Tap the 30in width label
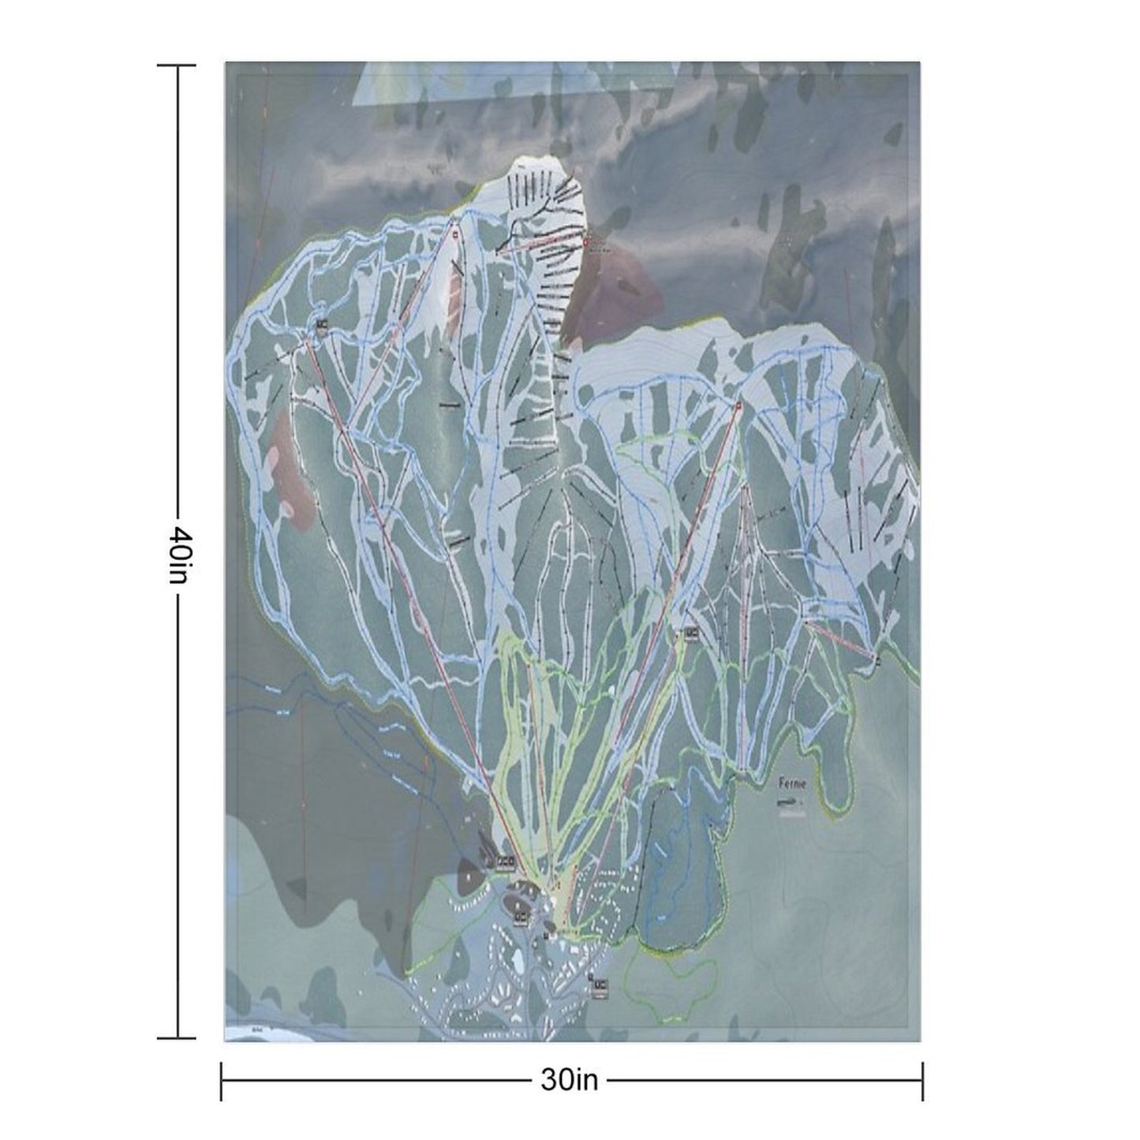[x=569, y=1080]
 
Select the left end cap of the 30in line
[x=222, y=1080]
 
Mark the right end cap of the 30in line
[x=922, y=1080]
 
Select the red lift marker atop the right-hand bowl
[x=738, y=406]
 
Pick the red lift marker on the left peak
[x=456, y=234]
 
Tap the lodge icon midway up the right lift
[x=691, y=633]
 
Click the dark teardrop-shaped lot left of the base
[x=473, y=876]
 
